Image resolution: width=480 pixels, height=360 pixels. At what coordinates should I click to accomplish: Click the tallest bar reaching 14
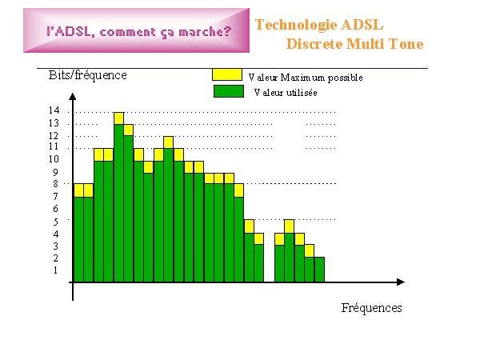pos(118,197)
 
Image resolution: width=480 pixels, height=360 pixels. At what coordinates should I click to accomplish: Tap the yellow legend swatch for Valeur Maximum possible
pos(227,74)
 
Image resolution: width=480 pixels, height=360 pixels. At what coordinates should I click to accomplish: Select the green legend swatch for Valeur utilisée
pos(229,91)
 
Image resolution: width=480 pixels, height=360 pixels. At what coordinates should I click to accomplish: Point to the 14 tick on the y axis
pos(54,110)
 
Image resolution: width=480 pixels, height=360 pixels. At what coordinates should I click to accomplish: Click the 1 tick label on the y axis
pos(55,270)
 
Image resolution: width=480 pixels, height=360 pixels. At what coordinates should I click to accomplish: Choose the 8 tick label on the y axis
pos(55,184)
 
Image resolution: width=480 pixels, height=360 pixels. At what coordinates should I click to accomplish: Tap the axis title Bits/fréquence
pos(87,75)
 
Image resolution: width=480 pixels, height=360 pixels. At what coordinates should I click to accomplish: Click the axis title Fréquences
pos(372,308)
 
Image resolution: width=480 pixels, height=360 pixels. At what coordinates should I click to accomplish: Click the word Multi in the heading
pos(366,44)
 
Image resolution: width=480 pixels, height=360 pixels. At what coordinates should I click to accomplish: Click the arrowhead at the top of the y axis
pos(73,97)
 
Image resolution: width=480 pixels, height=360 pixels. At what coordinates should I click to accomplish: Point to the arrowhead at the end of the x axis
pos(401,282)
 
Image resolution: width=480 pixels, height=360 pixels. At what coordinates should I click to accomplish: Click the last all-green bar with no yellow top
pos(319,270)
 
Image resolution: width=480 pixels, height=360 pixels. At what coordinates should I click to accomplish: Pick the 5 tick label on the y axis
pos(55,222)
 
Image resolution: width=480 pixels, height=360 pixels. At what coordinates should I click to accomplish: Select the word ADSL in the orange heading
pos(362,25)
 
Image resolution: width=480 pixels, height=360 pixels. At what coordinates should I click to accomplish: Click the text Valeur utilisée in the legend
pos(286,93)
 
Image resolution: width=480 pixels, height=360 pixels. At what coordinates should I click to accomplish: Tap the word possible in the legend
pos(346,78)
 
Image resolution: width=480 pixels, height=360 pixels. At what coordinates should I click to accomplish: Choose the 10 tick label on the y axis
pos(54,159)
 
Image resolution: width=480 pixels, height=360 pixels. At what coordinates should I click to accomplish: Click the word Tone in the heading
pos(406,44)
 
